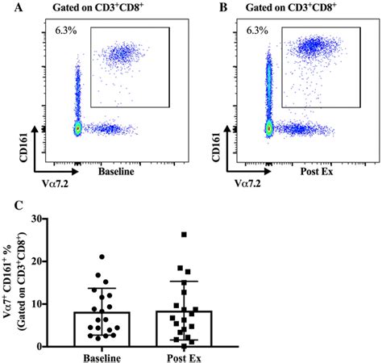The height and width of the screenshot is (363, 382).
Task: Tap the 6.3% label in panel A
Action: tap(66, 31)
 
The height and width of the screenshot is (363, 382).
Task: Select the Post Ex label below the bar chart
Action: tap(192, 356)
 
